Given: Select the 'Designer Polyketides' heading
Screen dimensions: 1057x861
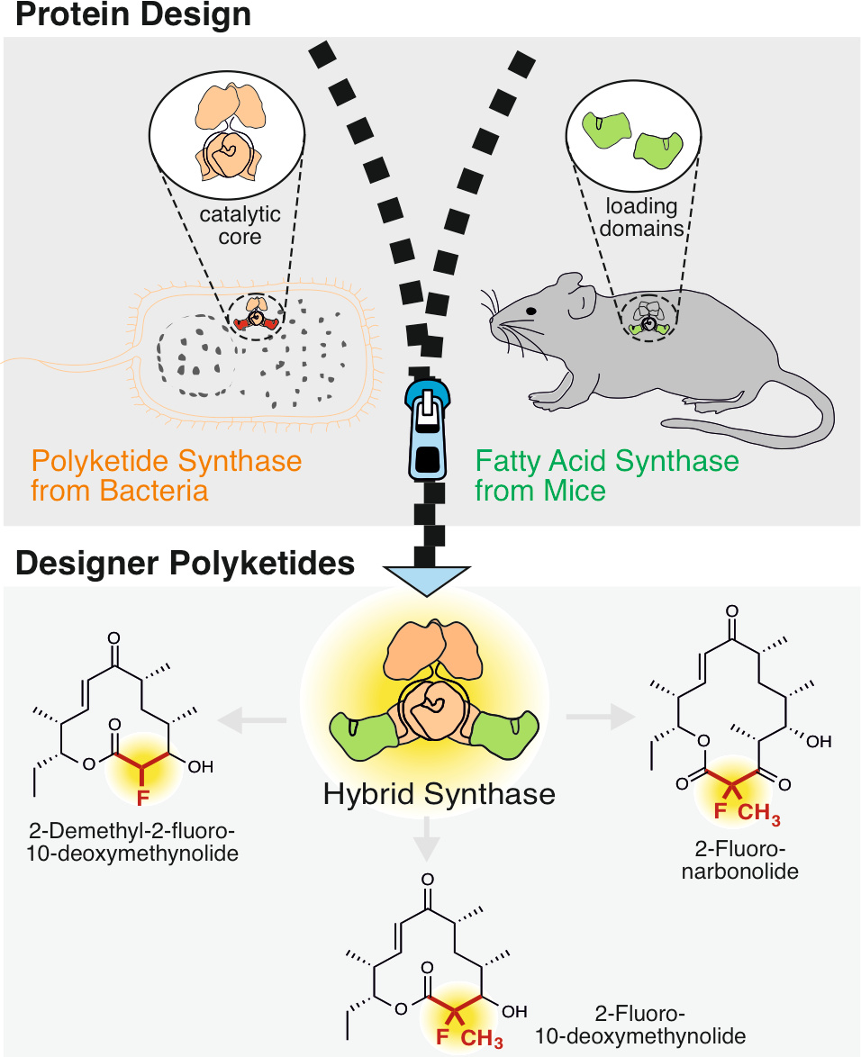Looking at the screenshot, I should click(x=185, y=564).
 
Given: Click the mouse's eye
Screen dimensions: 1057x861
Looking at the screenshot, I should click(x=531, y=311).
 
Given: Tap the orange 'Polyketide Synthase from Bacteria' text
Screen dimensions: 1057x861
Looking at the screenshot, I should click(x=167, y=476).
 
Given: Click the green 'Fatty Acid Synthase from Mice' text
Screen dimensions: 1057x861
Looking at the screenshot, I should click(x=606, y=476).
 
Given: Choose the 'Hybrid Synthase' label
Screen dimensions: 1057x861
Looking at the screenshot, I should click(x=440, y=794).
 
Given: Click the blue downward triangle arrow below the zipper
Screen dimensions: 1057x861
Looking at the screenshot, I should click(x=427, y=581).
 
